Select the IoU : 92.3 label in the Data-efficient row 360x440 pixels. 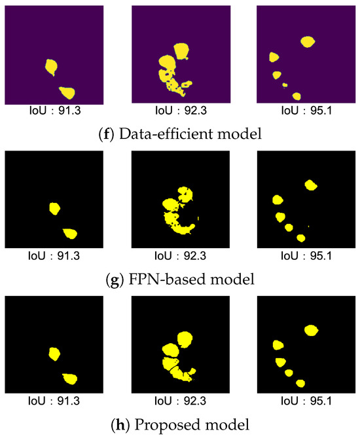[x=180, y=110]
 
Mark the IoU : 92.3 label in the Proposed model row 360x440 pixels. [x=180, y=403]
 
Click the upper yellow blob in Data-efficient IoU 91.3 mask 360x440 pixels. [x=50, y=65]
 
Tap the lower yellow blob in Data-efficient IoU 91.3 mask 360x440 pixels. [x=66, y=92]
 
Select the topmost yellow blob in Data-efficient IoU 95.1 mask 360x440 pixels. [x=308, y=41]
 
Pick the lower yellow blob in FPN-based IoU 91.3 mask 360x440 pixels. [x=69, y=233]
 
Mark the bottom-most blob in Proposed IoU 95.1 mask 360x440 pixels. [x=300, y=382]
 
